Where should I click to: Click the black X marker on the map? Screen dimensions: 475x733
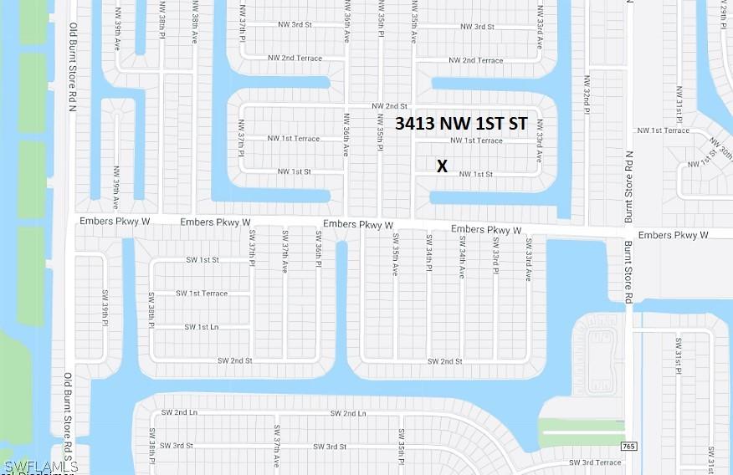(x=442, y=166)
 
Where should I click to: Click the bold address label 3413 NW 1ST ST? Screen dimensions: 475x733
(x=461, y=124)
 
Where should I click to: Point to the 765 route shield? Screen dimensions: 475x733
(x=630, y=447)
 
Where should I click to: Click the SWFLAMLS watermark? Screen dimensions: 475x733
(x=41, y=466)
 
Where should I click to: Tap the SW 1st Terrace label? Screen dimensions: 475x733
(x=202, y=294)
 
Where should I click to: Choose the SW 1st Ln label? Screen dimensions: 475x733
(x=202, y=327)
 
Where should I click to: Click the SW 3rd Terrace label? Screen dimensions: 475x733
(x=595, y=462)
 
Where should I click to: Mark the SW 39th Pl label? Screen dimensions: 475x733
(x=105, y=306)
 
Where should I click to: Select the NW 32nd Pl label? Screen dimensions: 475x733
(x=587, y=91)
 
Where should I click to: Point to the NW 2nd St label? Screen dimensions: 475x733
(x=389, y=106)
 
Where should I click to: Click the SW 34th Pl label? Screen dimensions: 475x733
(x=428, y=253)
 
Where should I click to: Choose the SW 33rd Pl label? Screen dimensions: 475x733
(x=495, y=254)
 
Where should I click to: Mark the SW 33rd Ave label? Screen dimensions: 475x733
(x=529, y=259)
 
